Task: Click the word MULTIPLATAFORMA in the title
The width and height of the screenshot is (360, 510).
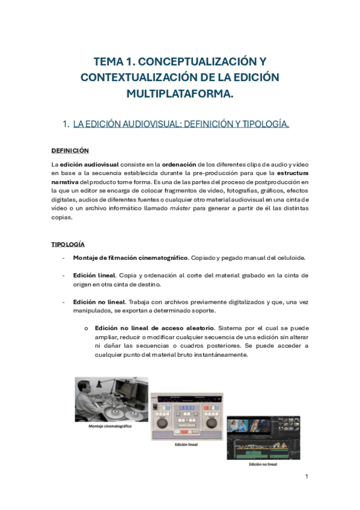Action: pos(180,94)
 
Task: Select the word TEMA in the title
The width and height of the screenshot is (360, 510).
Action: pos(109,62)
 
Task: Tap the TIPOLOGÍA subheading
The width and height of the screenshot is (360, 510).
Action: pos(67,244)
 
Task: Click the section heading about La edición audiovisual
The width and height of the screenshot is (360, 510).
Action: pos(181,124)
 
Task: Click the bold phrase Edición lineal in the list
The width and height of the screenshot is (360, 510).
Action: pos(94,275)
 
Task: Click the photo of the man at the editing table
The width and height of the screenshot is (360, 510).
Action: pos(111,399)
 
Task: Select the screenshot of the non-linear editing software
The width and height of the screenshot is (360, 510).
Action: pos(263,437)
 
